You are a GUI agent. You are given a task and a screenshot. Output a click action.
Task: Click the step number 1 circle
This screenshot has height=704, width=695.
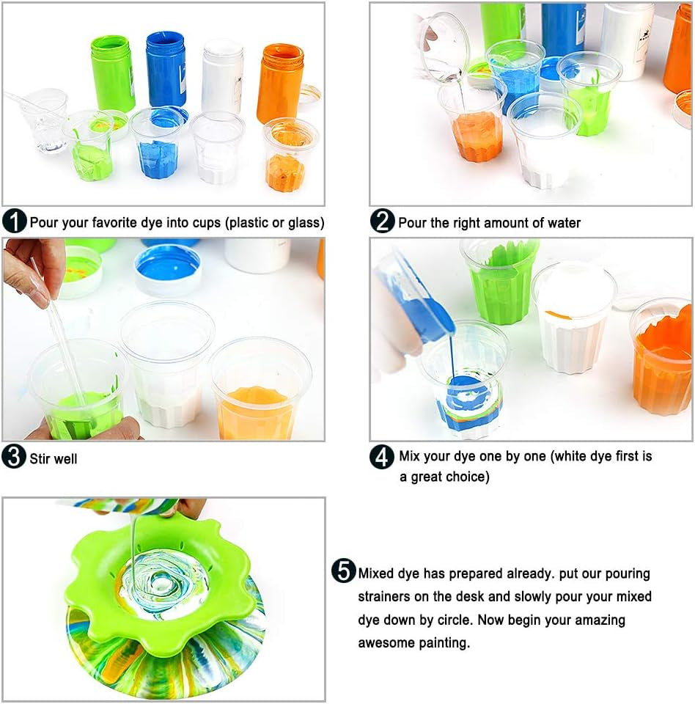click(x=15, y=221)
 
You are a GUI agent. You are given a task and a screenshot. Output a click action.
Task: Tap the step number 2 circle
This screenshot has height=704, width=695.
click(x=382, y=221)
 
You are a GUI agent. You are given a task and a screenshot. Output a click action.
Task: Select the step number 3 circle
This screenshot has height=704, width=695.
click(x=15, y=458)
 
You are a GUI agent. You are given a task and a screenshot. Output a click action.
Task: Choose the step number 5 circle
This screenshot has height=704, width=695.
click(x=343, y=571)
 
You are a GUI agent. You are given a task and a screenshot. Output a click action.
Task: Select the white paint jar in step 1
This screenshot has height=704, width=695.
click(x=222, y=76)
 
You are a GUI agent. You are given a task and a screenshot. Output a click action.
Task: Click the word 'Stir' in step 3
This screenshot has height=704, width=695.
click(x=41, y=459)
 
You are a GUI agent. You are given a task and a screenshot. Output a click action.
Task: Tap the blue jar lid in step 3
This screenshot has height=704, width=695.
click(x=168, y=268)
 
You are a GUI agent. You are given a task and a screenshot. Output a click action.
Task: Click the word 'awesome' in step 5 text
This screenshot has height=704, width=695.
click(x=389, y=643)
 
